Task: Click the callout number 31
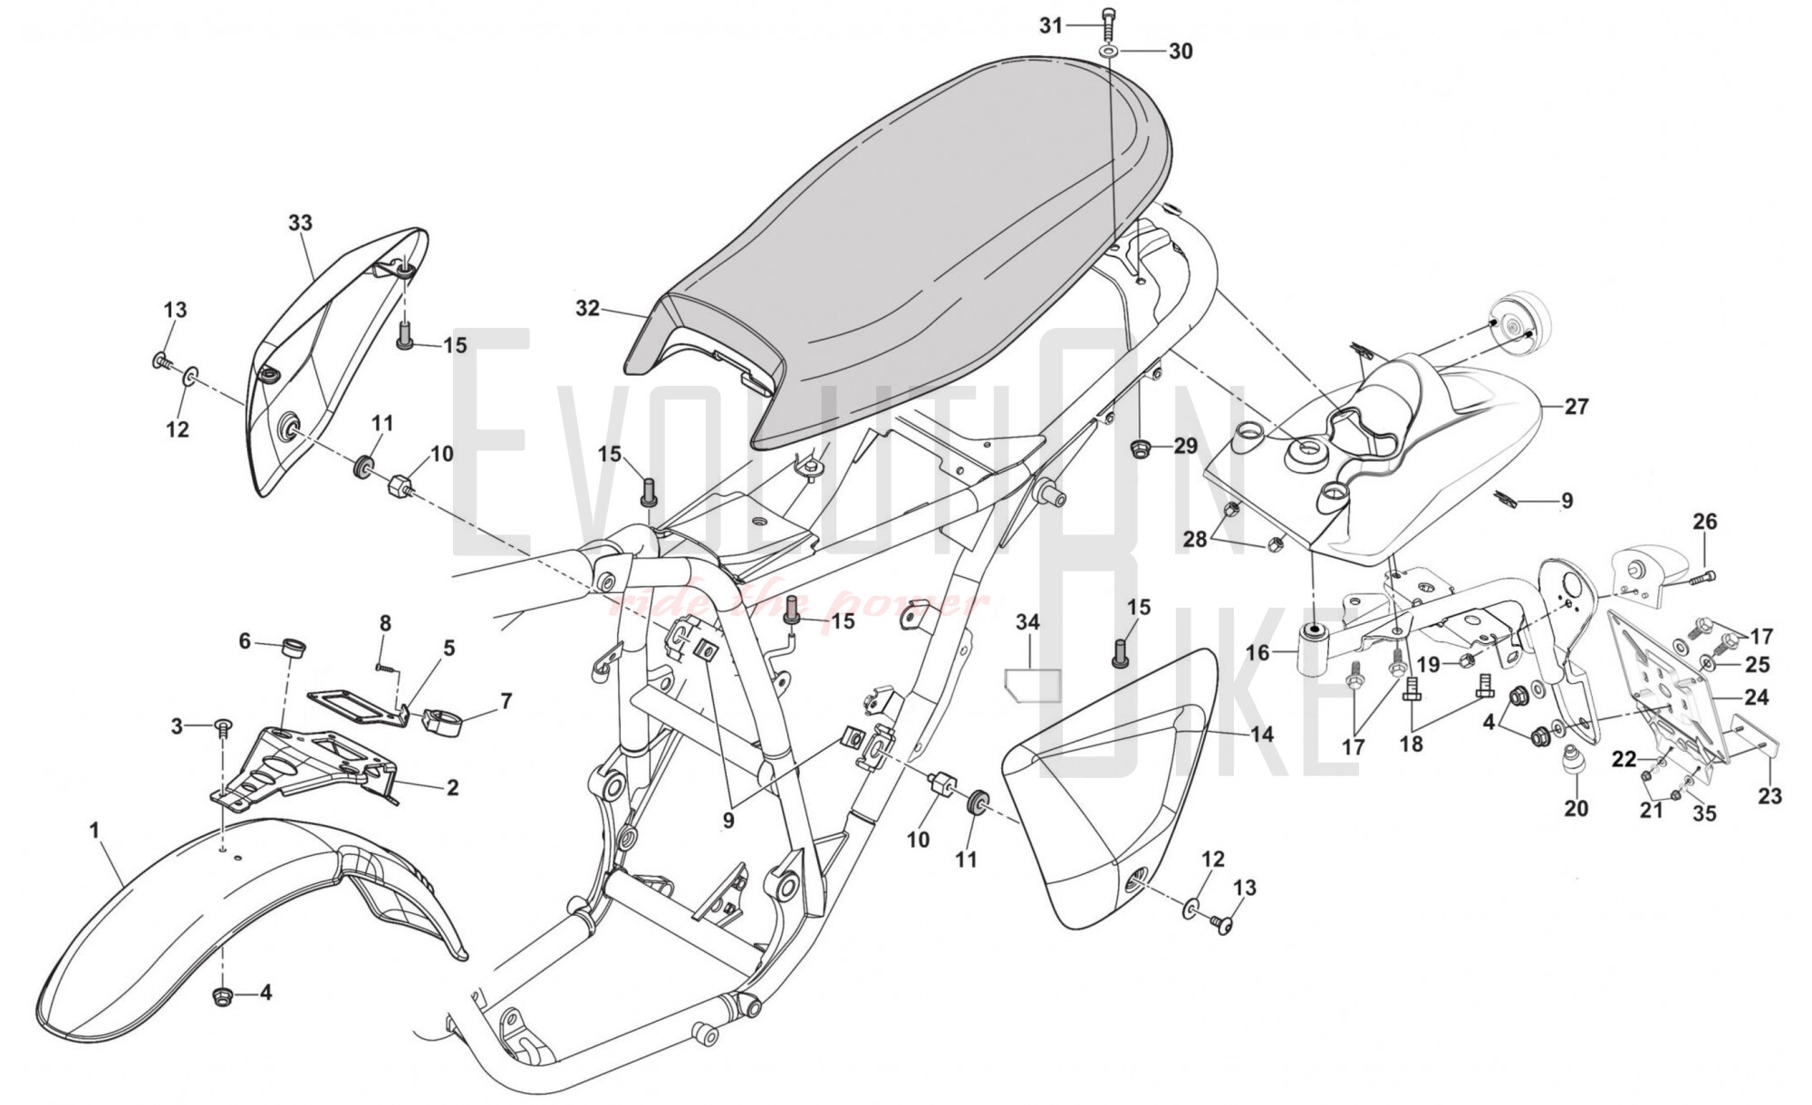click(x=1050, y=25)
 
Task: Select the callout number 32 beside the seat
click(x=587, y=309)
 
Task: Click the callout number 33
click(x=300, y=223)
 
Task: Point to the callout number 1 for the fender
click(x=93, y=830)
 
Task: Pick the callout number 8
click(x=385, y=623)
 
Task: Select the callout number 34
click(x=1027, y=623)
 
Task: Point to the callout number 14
click(x=1261, y=734)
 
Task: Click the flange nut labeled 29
click(x=1141, y=447)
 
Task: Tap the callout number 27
click(x=1576, y=407)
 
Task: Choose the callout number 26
click(x=1705, y=522)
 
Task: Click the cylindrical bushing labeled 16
click(x=1314, y=652)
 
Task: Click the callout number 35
click(x=1704, y=813)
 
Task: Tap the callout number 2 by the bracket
click(x=451, y=787)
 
